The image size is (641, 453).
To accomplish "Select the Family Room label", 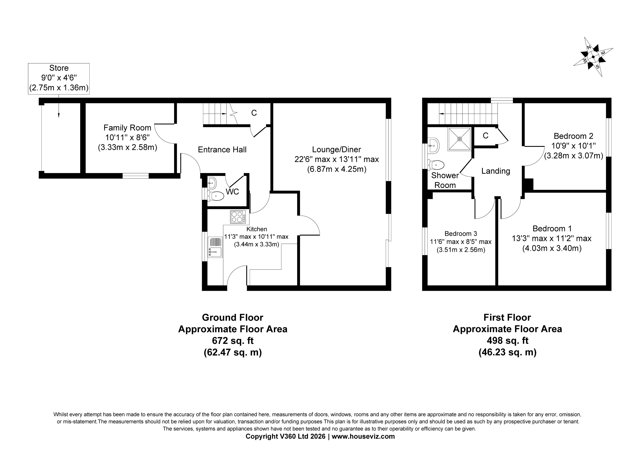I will click(x=127, y=128).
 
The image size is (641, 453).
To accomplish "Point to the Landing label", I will click(x=496, y=171).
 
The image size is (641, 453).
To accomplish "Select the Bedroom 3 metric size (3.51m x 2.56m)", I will click(x=461, y=250).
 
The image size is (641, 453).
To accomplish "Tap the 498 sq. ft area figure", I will click(x=507, y=341).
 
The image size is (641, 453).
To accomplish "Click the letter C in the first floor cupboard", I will click(x=486, y=136).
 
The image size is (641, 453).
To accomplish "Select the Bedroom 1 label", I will click(x=552, y=229).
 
